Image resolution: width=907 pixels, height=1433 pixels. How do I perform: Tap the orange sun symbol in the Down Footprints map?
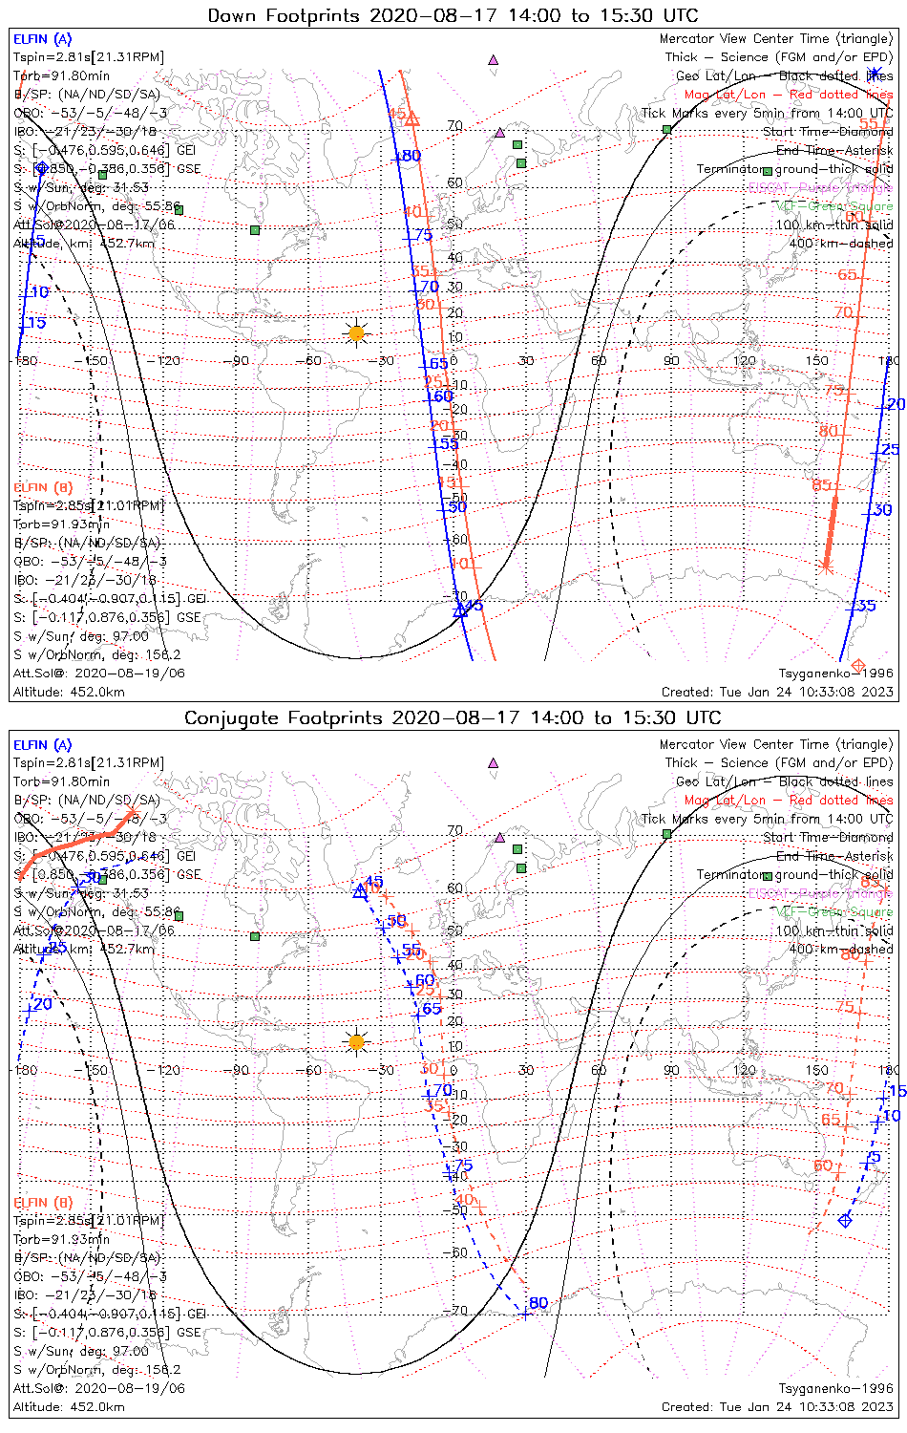pos(356,332)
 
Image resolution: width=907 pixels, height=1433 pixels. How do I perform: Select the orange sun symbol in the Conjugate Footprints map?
pos(356,1041)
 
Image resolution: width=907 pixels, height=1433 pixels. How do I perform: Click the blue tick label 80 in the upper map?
pos(411,156)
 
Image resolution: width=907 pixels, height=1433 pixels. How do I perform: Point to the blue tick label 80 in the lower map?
pos(538,1303)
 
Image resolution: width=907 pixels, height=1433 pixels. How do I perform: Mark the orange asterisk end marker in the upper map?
pos(827,567)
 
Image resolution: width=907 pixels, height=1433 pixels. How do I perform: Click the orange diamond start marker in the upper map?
pos(857,665)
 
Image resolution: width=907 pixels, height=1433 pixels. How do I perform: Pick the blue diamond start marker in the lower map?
pos(844,1220)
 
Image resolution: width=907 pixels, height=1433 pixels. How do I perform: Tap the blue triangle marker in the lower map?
pos(360,891)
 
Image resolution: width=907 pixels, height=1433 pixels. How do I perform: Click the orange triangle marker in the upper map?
pos(412,119)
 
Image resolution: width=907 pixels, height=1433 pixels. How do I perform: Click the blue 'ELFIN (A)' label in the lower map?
pos(43,745)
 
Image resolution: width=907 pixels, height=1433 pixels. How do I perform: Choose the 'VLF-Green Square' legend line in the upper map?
pos(834,206)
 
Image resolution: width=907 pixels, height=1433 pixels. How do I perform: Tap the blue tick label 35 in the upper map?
pos(866,606)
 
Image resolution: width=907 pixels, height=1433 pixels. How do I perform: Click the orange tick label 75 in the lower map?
pos(845,1007)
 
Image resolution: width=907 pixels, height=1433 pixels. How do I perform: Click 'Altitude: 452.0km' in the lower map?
pos(69,1406)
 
